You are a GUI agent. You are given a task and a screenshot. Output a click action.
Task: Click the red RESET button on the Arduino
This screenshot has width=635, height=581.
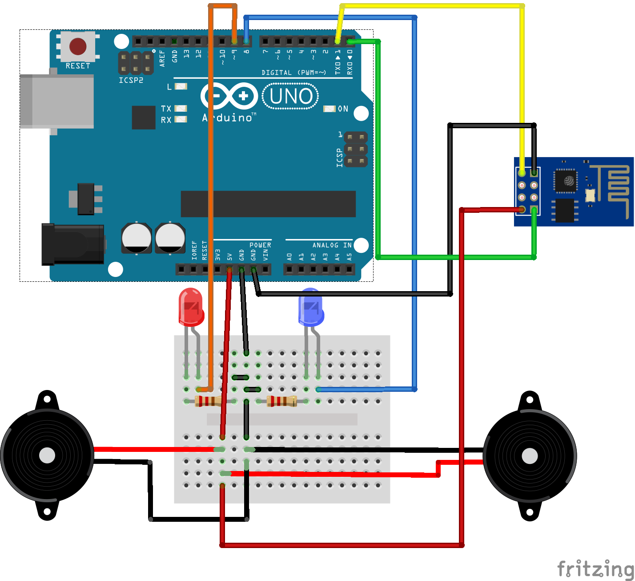pos(78,46)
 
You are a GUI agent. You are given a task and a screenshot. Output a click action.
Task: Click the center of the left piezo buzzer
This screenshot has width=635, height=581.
pos(47,455)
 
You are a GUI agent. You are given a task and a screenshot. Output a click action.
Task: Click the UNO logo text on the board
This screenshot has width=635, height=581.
pos(291,96)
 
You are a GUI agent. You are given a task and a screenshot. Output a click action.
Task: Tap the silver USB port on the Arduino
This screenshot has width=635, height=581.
pos(57,101)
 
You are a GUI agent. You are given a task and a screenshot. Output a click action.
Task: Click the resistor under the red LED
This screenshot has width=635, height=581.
pos(208,401)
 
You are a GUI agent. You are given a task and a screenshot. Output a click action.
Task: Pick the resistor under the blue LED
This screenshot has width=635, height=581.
pos(281,401)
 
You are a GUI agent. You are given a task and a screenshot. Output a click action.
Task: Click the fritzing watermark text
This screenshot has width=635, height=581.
pos(595,569)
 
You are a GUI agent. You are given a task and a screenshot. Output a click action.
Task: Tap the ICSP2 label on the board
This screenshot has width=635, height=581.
pos(131,81)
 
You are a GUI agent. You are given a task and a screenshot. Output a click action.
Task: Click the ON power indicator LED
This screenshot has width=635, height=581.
pos(329,109)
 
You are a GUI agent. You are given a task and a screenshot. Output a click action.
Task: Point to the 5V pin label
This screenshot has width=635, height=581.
pos(230,257)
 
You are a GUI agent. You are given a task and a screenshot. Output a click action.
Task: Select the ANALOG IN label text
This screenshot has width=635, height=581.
pos(332,245)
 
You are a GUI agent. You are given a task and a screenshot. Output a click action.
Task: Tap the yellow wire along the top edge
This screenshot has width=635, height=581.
pos(431,6)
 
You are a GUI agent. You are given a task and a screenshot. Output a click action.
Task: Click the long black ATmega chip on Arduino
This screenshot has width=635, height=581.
pos(268,204)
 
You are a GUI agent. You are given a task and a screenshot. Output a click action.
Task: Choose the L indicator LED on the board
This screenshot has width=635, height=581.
pos(181,86)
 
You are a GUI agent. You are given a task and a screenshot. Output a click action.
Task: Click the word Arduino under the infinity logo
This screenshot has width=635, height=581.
pos(227,118)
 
